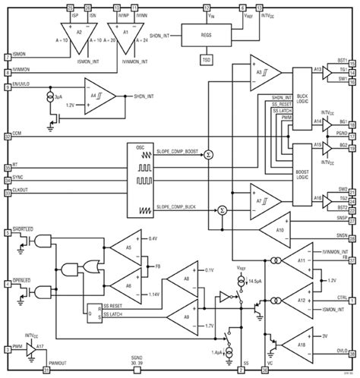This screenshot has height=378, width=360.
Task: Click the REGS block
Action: coord(206,36)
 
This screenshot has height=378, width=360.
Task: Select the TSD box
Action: coord(206,58)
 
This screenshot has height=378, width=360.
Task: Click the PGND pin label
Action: coord(343,130)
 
